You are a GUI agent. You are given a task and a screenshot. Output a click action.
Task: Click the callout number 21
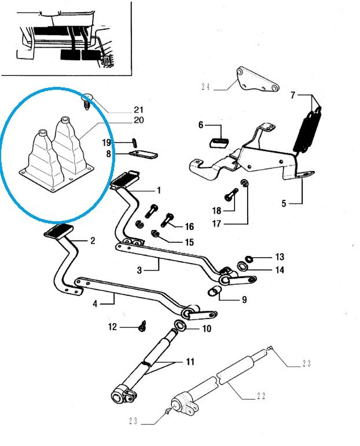(x=138, y=109)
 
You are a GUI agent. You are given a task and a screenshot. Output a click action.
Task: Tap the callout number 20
(x=138, y=120)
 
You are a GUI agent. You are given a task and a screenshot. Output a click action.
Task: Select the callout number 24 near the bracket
(x=205, y=87)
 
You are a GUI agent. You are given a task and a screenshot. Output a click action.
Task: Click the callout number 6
(x=201, y=125)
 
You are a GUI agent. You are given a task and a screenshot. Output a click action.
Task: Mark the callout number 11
(x=190, y=363)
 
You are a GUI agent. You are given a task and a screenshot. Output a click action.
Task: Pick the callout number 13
(x=280, y=257)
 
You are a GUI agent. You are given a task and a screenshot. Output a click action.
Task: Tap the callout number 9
(x=244, y=299)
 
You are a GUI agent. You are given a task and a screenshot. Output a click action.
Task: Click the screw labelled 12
(x=141, y=327)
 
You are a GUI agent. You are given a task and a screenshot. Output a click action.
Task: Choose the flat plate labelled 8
(x=143, y=155)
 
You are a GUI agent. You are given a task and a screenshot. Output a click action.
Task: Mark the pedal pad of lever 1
(x=123, y=179)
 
